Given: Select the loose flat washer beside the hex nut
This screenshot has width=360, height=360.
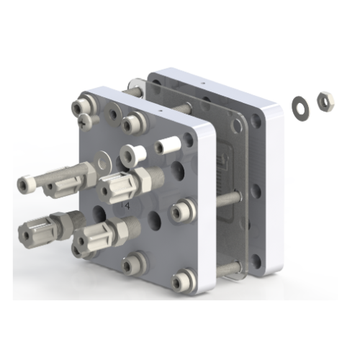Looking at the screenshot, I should (297, 105).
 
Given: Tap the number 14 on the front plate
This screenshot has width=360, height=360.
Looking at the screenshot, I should (125, 206).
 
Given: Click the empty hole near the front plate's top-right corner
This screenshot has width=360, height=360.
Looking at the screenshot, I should (189, 140).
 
